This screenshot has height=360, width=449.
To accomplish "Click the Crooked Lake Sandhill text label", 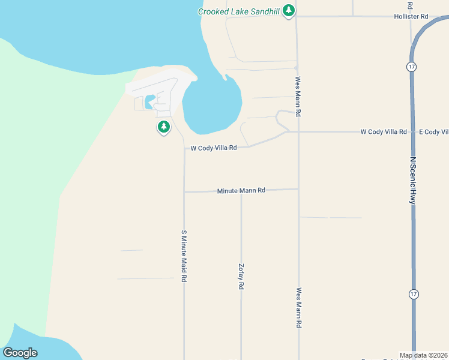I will (x=240, y=11).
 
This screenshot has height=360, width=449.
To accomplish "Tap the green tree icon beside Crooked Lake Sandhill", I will (x=289, y=10).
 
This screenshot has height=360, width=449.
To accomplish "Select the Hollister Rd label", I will (x=411, y=17).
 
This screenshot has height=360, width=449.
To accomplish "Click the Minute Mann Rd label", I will (x=241, y=190).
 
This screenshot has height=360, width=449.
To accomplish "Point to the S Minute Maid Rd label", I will (x=184, y=256).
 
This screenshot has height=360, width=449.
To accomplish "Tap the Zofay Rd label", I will (x=241, y=277).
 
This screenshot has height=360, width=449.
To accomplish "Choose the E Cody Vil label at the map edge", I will (x=433, y=131).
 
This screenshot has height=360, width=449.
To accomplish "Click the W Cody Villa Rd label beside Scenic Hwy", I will (x=384, y=131).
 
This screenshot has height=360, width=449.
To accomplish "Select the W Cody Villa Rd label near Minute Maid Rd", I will (x=214, y=148).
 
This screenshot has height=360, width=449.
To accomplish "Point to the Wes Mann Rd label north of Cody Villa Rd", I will (x=298, y=96).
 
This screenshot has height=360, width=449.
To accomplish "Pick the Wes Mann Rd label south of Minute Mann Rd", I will (x=298, y=307).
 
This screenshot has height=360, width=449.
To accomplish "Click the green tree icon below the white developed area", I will (x=163, y=127).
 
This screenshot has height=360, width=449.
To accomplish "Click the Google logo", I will (x=20, y=353).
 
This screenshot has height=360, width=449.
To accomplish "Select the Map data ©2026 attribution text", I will (x=423, y=355).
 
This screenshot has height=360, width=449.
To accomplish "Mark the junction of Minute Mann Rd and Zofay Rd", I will (x=241, y=191).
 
